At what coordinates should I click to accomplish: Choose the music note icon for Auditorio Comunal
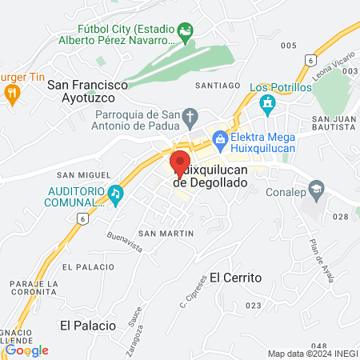coord(117,193)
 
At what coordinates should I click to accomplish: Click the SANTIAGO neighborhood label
coord(218,85)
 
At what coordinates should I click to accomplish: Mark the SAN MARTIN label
coord(166,233)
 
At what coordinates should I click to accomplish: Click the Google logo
coord(26,350)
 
